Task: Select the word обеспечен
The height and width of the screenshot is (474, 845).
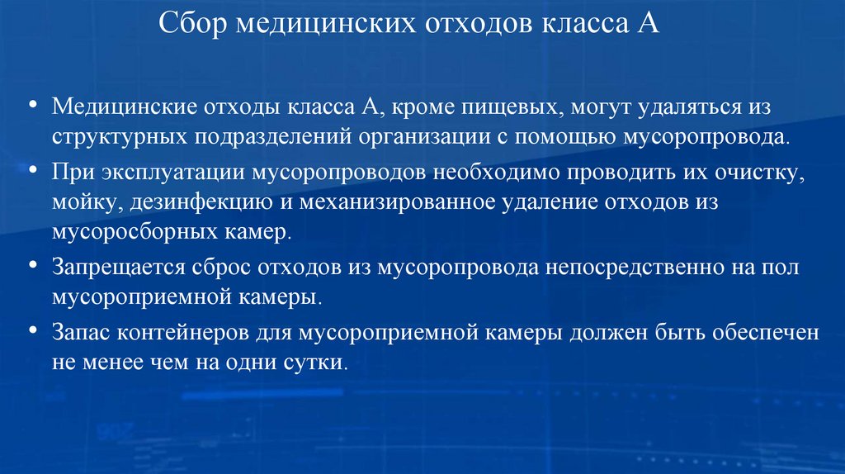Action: coord(767,334)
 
